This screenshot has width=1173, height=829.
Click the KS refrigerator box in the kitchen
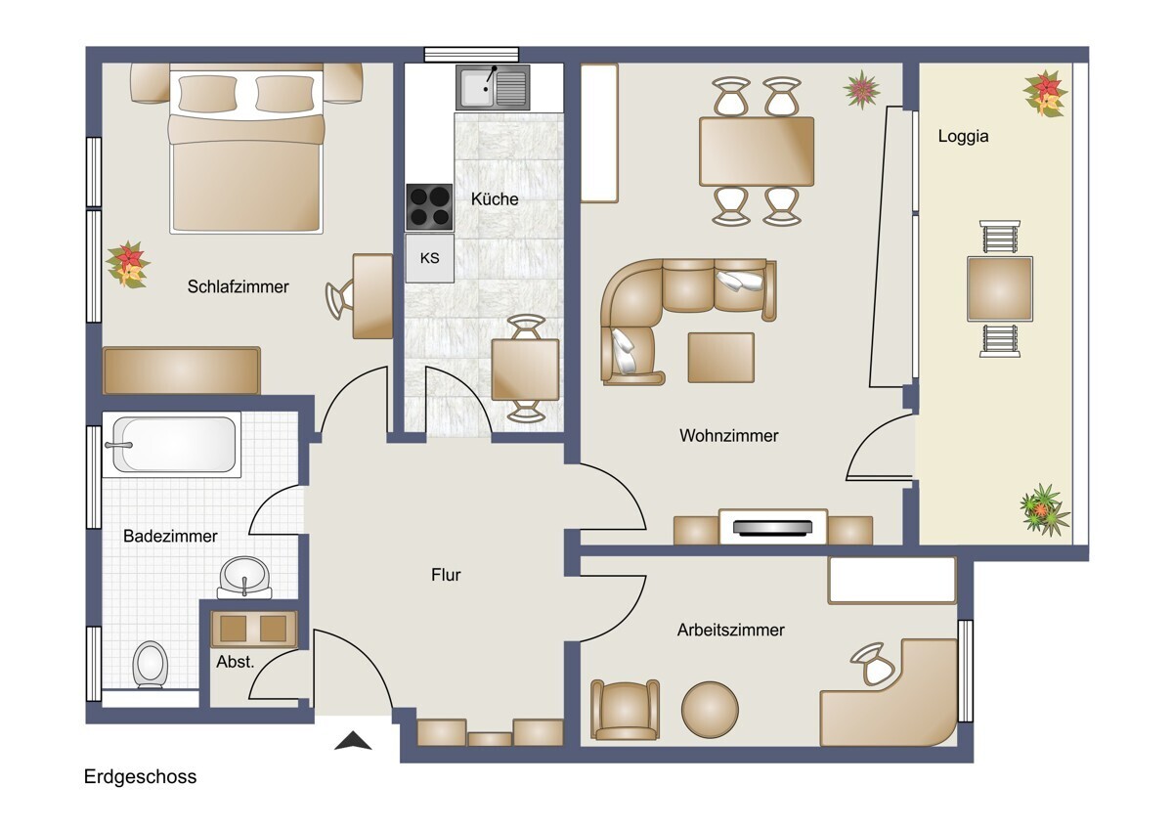429,258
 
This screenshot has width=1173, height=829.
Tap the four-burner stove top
429,207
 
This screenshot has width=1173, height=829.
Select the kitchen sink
493,87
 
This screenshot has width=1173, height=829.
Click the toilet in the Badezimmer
151,664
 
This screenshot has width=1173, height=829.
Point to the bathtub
172,445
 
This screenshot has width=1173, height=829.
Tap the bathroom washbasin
244,577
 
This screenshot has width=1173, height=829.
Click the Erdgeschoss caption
141,776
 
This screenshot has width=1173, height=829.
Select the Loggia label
963,136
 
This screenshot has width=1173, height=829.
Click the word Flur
446,575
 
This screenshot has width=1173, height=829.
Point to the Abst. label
236,662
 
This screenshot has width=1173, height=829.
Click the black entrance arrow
353,740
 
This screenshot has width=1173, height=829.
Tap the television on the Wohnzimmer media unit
773,527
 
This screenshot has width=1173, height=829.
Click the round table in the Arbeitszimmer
710,710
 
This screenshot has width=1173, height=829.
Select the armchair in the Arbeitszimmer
626,710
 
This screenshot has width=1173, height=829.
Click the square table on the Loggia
1000,288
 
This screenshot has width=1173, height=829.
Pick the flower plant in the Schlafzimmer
128,265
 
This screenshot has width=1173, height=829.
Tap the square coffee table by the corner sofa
721,358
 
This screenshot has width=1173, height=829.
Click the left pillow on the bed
207,93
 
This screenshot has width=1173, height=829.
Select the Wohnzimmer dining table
757,152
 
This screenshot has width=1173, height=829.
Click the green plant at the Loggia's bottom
1045,509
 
